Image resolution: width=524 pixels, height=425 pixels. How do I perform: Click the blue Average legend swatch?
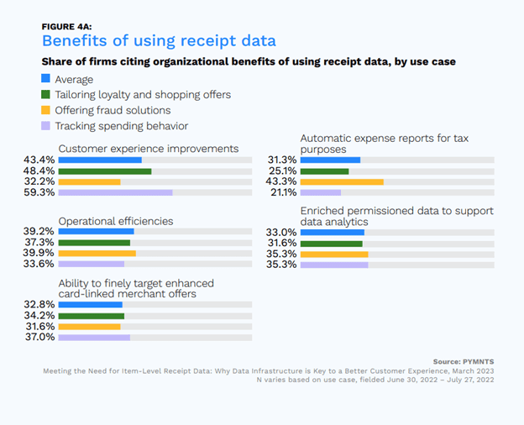(47, 80)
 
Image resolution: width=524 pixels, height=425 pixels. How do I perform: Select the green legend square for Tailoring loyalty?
(47, 95)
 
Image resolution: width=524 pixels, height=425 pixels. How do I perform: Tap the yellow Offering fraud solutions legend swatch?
(47, 111)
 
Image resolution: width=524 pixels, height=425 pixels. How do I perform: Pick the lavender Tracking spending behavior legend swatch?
(47, 126)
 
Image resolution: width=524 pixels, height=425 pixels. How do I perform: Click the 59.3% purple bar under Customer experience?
(116, 192)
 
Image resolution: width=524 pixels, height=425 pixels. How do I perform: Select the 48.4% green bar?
(105, 171)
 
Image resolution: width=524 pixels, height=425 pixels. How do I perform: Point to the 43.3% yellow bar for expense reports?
(342, 181)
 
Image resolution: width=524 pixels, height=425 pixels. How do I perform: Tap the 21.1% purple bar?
(321, 192)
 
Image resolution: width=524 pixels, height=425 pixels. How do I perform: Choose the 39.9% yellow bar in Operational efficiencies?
(97, 253)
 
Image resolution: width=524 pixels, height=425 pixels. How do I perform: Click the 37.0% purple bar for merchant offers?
(95, 337)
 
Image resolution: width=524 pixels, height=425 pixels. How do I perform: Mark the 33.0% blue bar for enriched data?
(333, 232)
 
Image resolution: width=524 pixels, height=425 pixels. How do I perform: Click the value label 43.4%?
(40, 160)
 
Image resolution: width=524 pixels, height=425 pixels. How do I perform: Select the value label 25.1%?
(282, 171)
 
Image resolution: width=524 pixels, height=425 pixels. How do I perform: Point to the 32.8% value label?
(40, 304)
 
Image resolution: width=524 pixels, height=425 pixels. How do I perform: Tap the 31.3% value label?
(282, 160)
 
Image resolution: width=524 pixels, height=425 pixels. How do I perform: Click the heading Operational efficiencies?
(116, 221)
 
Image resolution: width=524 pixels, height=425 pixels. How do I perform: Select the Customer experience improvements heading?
(149, 149)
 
